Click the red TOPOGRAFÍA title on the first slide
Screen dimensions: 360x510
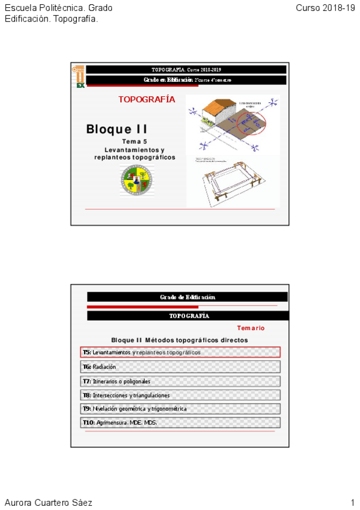coord(147,100)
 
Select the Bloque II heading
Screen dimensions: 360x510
coord(117,129)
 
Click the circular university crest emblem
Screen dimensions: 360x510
coord(135,180)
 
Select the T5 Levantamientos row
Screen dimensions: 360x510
coord(180,352)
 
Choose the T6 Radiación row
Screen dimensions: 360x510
coord(180,366)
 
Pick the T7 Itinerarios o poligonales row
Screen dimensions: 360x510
coord(180,381)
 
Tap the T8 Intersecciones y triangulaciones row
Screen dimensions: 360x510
coord(180,395)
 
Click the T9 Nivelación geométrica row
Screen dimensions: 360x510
coord(180,409)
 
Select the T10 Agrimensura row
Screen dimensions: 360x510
coord(180,423)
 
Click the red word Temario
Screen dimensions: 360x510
coord(251,328)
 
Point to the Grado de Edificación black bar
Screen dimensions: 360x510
coord(188,297)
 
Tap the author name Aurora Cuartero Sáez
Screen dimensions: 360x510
coord(49,502)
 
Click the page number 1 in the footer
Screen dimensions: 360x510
coord(353,502)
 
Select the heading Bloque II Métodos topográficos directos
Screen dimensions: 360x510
coord(179,340)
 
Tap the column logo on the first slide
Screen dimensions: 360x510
coord(79,76)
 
